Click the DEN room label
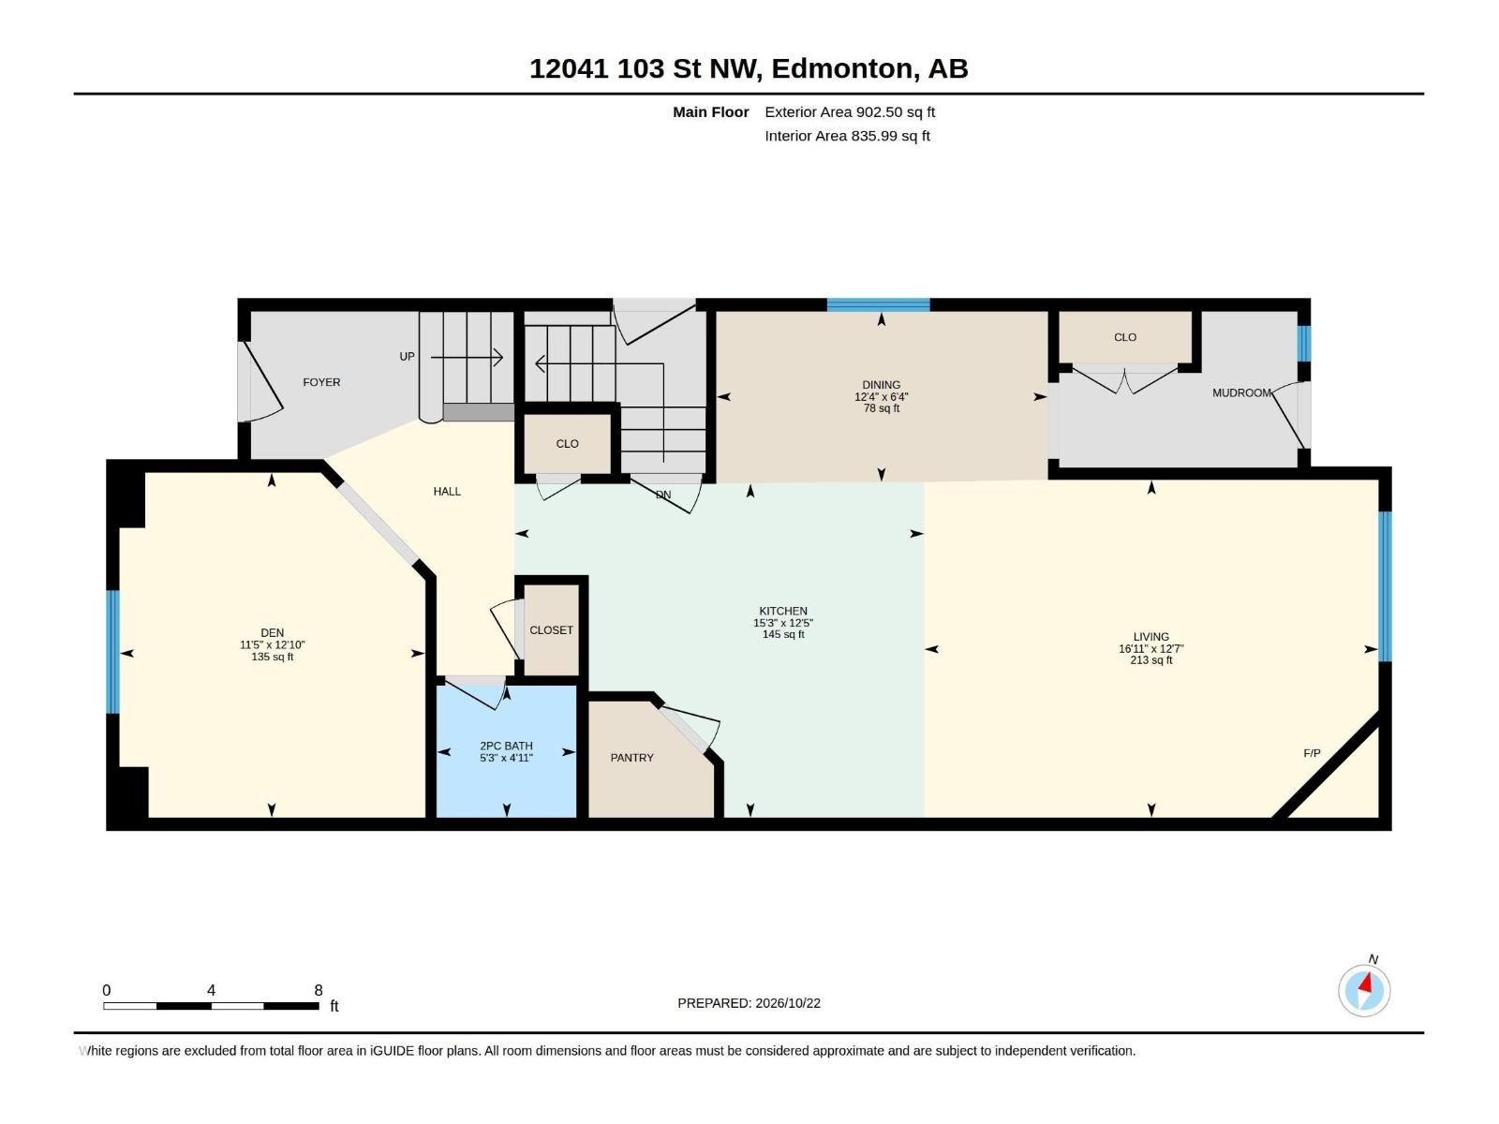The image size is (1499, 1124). pyautogui.click(x=272, y=632)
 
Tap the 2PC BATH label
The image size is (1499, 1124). pyautogui.click(x=506, y=746)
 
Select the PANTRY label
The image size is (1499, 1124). pyautogui.click(x=631, y=758)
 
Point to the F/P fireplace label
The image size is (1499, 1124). pyautogui.click(x=1312, y=753)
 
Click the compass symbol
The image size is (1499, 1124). pyautogui.click(x=1364, y=990)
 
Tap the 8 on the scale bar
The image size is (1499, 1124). pyautogui.click(x=319, y=990)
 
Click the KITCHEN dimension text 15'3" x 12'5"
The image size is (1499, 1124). pyautogui.click(x=783, y=623)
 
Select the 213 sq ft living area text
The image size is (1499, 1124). pyautogui.click(x=1151, y=660)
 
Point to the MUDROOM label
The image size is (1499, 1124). pyautogui.click(x=1241, y=392)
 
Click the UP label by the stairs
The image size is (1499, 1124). pyautogui.click(x=407, y=356)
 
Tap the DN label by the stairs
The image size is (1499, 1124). pyautogui.click(x=663, y=495)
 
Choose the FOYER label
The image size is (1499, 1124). pyautogui.click(x=321, y=382)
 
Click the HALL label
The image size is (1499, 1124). pyautogui.click(x=447, y=492)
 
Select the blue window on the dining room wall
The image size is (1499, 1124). pyautogui.click(x=878, y=305)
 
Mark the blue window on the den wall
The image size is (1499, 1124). pyautogui.click(x=112, y=652)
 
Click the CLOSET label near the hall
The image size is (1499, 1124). pyautogui.click(x=551, y=629)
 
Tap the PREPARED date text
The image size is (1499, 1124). pyautogui.click(x=749, y=1003)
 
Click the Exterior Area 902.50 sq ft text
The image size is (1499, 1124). pyautogui.click(x=850, y=111)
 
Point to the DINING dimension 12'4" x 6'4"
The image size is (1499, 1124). pyautogui.click(x=881, y=396)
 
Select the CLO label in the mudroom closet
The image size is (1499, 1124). pyautogui.click(x=1125, y=337)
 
